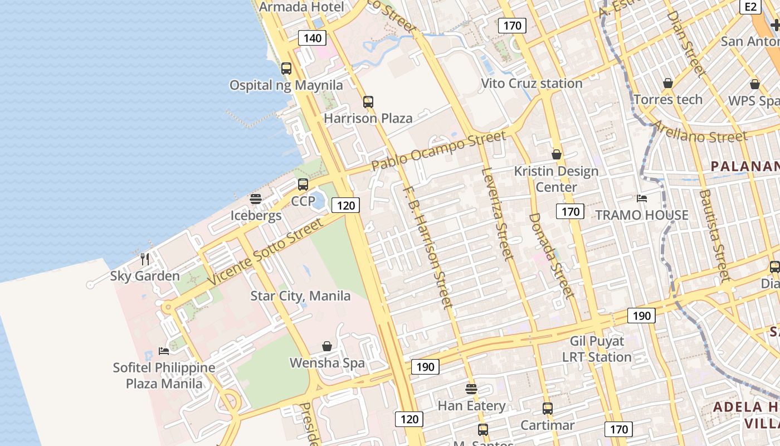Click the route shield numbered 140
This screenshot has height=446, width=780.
[312, 38]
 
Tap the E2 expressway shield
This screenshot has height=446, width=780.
[750, 7]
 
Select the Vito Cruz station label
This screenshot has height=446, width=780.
[532, 84]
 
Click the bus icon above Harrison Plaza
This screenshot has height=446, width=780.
[368, 102]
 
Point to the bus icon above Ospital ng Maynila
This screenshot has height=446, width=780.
[286, 69]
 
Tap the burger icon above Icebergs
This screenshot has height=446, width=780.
[256, 199]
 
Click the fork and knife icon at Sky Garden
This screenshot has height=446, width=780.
[145, 259]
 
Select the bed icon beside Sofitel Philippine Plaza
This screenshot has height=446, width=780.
[163, 351]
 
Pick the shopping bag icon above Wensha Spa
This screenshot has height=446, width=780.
[327, 346]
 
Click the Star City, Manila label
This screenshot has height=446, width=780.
[300, 295]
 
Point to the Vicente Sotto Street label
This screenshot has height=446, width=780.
[265, 252]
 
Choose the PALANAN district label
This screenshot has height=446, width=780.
[745, 166]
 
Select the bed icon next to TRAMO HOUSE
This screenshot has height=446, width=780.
[642, 198]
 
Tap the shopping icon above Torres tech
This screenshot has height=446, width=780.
[668, 84]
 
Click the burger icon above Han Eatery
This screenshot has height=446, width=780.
[471, 389]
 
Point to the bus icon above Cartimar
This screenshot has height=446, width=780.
[548, 409]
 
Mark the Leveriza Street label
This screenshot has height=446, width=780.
[498, 213]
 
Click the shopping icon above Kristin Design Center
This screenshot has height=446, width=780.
[556, 154]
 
